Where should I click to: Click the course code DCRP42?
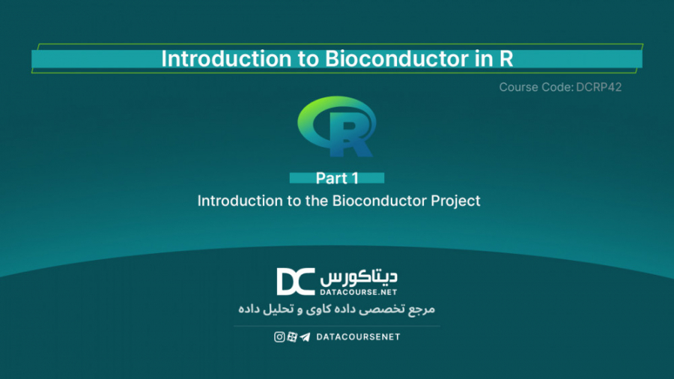click(599, 88)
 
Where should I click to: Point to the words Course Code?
click(535, 88)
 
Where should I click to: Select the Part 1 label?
click(337, 178)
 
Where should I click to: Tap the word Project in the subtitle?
click(455, 201)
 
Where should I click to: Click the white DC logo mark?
click(295, 282)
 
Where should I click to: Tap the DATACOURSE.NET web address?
click(359, 291)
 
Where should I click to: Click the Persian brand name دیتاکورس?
click(359, 276)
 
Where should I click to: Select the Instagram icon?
click(279, 337)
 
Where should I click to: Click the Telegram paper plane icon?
click(305, 337)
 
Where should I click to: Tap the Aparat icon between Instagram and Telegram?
click(292, 337)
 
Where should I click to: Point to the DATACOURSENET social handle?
click(358, 337)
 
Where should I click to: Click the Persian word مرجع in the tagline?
click(422, 309)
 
